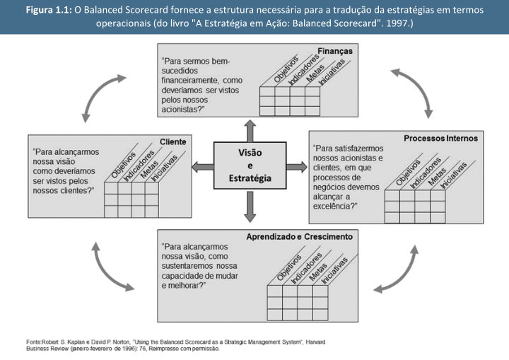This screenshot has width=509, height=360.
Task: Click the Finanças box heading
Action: point(335,52)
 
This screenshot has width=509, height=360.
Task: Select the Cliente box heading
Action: point(172,141)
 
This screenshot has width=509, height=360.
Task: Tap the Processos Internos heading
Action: point(440,138)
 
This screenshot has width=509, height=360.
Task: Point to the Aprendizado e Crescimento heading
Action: point(299,236)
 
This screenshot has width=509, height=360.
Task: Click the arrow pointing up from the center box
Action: point(249,130)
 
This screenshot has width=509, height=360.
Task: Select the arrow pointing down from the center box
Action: point(249,204)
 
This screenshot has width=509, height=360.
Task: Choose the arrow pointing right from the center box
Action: point(298,166)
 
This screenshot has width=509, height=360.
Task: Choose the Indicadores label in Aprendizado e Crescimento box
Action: point(305,270)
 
